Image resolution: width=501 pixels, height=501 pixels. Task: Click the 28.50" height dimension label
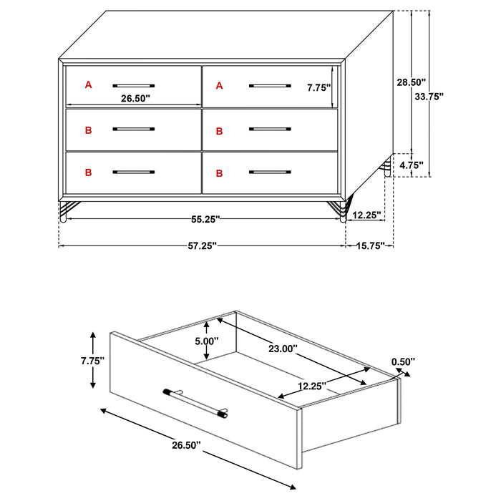click(x=412, y=82)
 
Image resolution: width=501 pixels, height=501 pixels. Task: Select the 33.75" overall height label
click(x=430, y=97)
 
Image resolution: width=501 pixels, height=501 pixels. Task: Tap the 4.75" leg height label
click(x=411, y=165)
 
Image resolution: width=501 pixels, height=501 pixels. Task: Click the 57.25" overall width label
click(x=201, y=245)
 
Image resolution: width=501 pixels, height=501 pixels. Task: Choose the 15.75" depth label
click(x=371, y=245)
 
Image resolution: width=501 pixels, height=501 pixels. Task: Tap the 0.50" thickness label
click(x=403, y=362)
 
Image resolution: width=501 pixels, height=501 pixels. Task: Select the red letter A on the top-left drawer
click(x=89, y=85)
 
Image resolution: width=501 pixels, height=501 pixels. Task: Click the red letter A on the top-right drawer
click(x=220, y=86)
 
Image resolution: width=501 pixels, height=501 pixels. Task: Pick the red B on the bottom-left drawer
click(x=89, y=172)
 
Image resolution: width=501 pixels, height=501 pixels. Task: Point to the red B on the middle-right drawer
click(x=220, y=131)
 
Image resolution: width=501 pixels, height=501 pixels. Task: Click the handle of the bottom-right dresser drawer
click(x=270, y=172)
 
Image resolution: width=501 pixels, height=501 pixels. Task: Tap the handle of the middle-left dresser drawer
click(x=134, y=129)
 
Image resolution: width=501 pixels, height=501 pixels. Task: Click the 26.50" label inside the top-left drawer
click(x=135, y=99)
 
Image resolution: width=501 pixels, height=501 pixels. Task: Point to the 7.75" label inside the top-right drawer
click(x=318, y=88)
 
